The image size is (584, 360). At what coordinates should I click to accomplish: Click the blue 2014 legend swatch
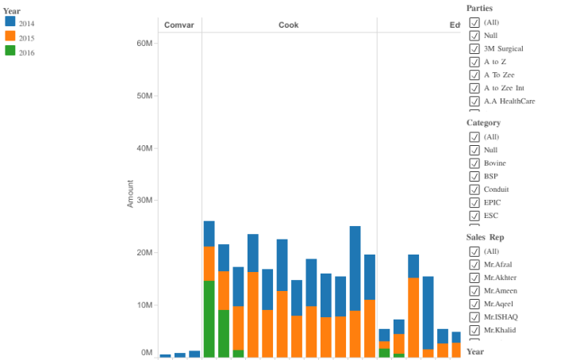pyautogui.click(x=10, y=23)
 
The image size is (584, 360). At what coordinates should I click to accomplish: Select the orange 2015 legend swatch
pyautogui.click(x=10, y=36)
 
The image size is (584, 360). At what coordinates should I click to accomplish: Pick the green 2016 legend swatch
pyautogui.click(x=10, y=51)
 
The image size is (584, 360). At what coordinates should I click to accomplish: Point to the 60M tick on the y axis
pyautogui.click(x=144, y=44)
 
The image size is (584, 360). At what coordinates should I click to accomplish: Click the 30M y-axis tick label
pyautogui.click(x=144, y=201)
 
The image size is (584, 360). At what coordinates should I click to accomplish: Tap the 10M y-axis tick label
pyautogui.click(x=144, y=305)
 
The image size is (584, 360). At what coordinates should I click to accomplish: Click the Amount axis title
pyautogui.click(x=130, y=193)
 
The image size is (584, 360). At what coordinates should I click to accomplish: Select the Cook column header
pyautogui.click(x=288, y=25)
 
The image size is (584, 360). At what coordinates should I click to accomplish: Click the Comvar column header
pyautogui.click(x=179, y=25)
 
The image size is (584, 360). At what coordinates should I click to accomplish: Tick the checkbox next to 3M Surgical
pyautogui.click(x=474, y=48)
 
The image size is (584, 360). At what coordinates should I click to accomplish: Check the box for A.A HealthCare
pyautogui.click(x=474, y=101)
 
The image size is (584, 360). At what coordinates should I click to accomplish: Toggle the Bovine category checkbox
pyautogui.click(x=474, y=163)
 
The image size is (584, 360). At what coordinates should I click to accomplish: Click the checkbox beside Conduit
pyautogui.click(x=474, y=189)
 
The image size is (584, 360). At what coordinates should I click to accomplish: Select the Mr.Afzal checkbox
pyautogui.click(x=474, y=264)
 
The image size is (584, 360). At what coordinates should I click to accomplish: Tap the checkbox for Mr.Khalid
pyautogui.click(x=474, y=329)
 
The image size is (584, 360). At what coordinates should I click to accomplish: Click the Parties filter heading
pyautogui.click(x=479, y=8)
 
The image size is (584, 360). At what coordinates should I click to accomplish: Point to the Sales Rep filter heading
pyautogui.click(x=485, y=237)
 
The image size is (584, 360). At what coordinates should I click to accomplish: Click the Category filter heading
pyautogui.click(x=483, y=123)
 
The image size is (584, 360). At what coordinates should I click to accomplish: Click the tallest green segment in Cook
pyautogui.click(x=209, y=319)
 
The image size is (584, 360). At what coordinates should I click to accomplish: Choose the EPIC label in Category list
pyautogui.click(x=492, y=202)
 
